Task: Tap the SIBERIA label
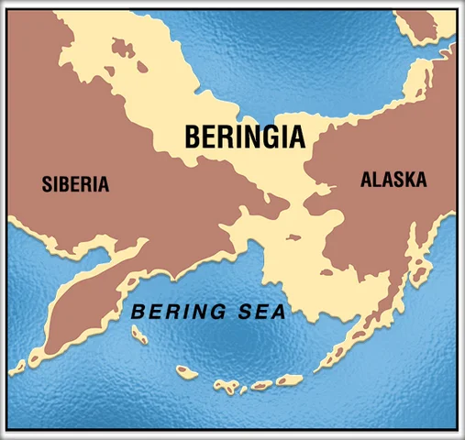pyautogui.click(x=75, y=184)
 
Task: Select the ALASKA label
pyautogui.click(x=393, y=181)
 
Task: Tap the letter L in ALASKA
pyautogui.click(x=376, y=181)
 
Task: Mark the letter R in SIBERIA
pyautogui.click(x=89, y=184)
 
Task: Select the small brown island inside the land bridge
pyautogui.click(x=293, y=238)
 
